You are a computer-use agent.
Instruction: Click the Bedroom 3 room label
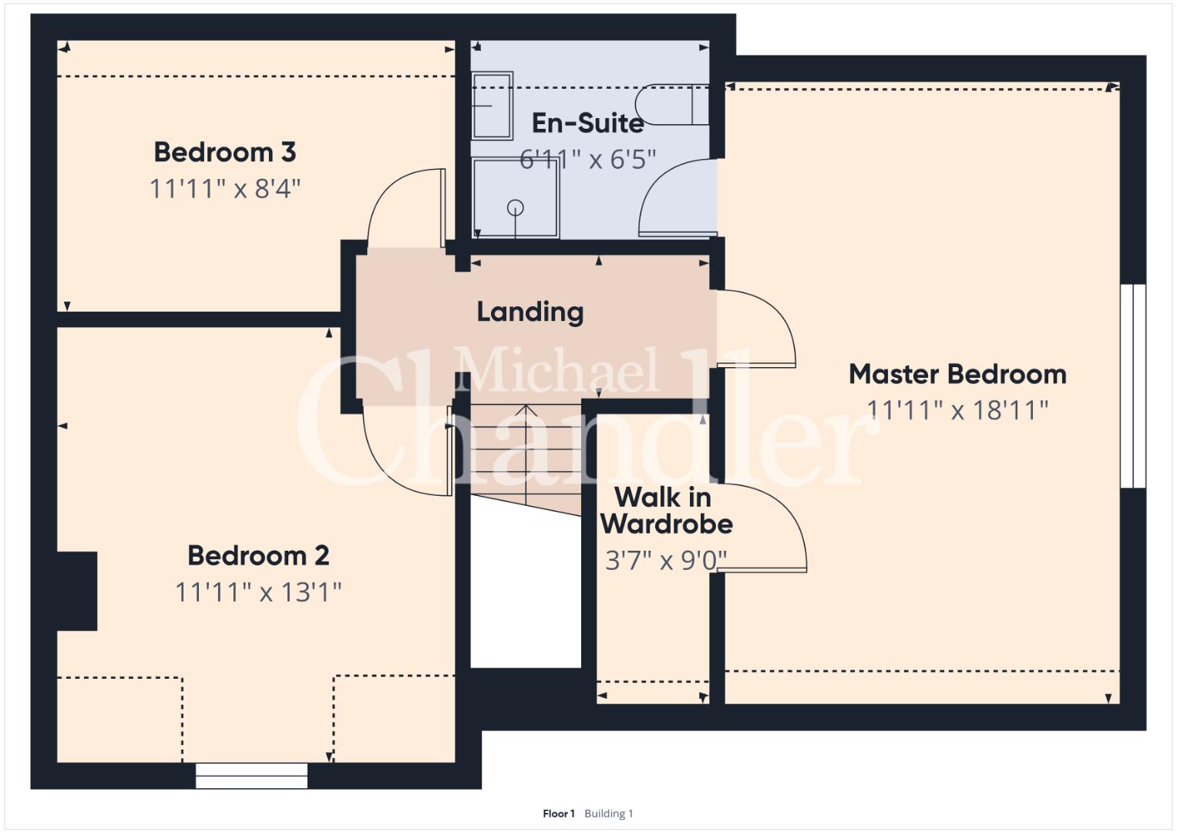coord(225,153)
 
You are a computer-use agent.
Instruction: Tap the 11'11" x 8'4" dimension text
coord(225,189)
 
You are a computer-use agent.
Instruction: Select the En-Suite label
coord(587,123)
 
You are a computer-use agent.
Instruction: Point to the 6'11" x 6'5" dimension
coord(587,160)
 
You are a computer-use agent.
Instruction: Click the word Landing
coord(530,312)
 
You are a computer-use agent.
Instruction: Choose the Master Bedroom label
coord(957,374)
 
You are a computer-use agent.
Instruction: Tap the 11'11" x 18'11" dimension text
coord(957,410)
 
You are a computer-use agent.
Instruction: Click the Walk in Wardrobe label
coord(666,511)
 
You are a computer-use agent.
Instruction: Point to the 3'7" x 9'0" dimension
coord(666,561)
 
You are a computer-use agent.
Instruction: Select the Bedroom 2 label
coord(258,556)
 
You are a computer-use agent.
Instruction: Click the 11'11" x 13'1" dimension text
coord(258,592)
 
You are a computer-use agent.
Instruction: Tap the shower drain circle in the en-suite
coord(516,207)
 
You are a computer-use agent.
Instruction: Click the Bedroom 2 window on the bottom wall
coord(252,776)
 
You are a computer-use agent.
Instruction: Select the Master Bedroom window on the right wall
coord(1133,386)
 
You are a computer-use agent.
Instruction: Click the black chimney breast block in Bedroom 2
coord(77,591)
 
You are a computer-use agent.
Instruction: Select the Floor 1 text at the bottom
coord(559,814)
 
